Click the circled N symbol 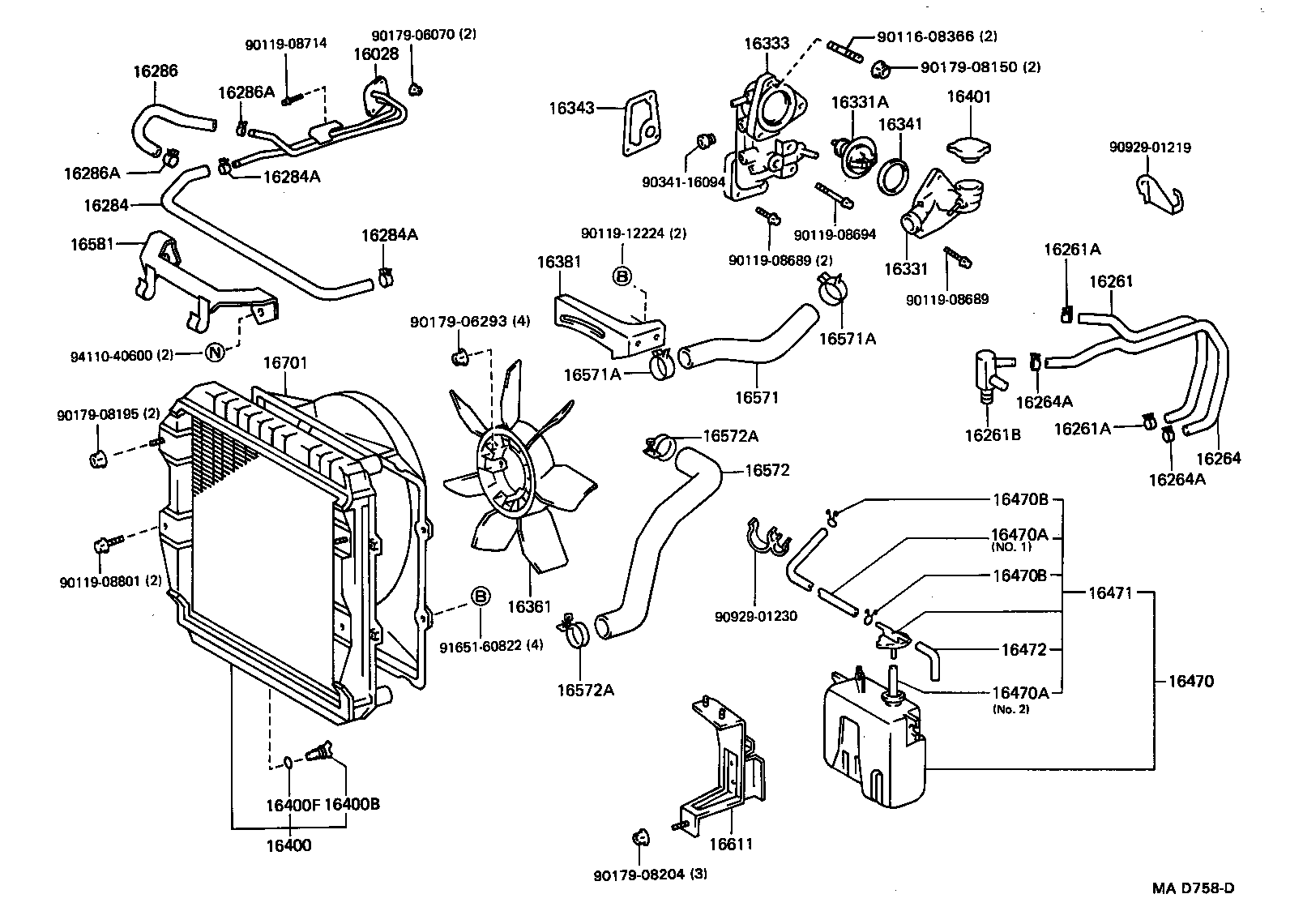(x=215, y=353)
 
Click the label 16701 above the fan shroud (x=284, y=364)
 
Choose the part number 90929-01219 (x=1150, y=148)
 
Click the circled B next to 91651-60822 (x=481, y=597)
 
